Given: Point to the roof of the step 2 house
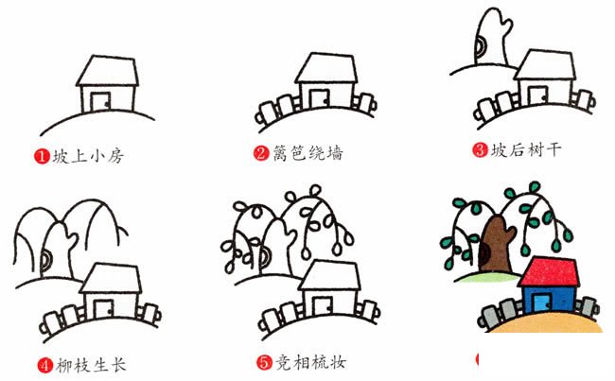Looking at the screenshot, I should (326, 68).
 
